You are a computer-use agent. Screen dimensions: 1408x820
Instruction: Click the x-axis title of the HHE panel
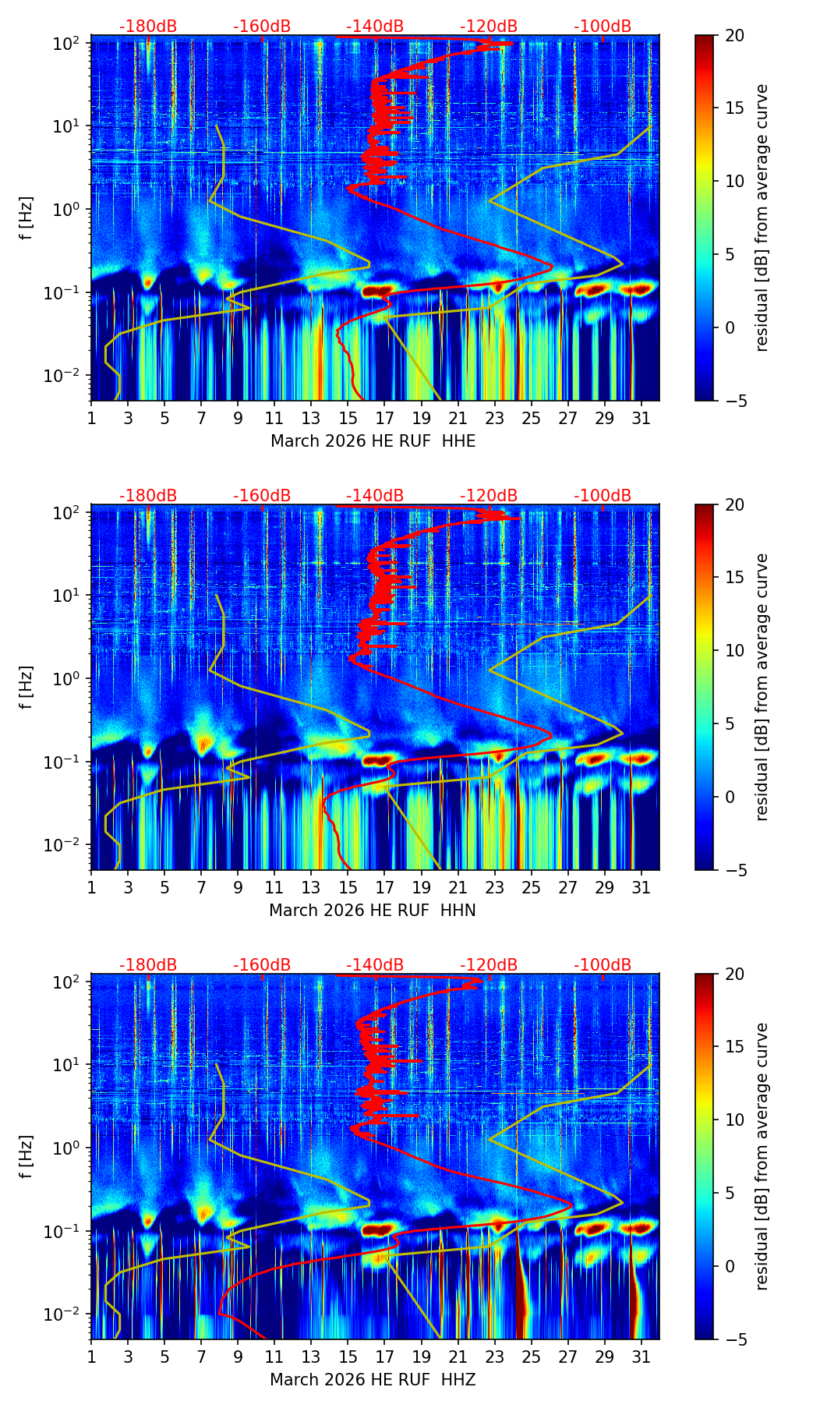[373, 441]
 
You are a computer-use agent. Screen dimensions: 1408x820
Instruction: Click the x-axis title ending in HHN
[373, 911]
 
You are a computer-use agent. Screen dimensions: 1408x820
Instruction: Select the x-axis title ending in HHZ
[373, 1380]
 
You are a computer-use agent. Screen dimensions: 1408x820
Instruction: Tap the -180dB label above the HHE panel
[148, 27]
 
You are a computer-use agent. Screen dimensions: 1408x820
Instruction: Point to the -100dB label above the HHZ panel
[603, 965]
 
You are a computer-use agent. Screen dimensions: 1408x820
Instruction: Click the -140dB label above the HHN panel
[375, 496]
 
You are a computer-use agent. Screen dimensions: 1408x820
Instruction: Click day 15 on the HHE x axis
[348, 417]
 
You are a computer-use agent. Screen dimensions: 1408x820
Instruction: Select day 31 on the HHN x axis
[642, 886]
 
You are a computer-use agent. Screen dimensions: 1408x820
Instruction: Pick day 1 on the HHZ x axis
[92, 1356]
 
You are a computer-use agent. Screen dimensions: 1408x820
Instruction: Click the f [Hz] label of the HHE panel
[27, 218]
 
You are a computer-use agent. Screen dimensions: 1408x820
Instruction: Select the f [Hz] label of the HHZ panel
[27, 1157]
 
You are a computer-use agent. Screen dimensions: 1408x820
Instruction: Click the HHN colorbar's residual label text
[762, 687]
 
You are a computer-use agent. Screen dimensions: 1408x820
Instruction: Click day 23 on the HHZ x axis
[495, 1356]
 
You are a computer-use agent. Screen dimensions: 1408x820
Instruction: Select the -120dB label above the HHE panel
[489, 27]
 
